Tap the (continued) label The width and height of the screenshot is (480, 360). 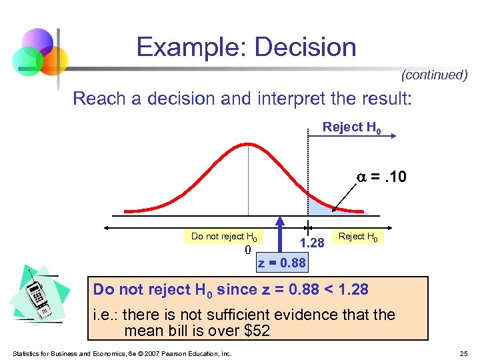[434, 75]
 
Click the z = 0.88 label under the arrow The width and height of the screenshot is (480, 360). [281, 263]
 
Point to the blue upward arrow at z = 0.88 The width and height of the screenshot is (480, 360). [281, 233]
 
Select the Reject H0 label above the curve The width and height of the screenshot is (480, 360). [352, 127]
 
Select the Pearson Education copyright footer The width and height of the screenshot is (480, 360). [122, 353]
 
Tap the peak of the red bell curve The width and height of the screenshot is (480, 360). [247, 142]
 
